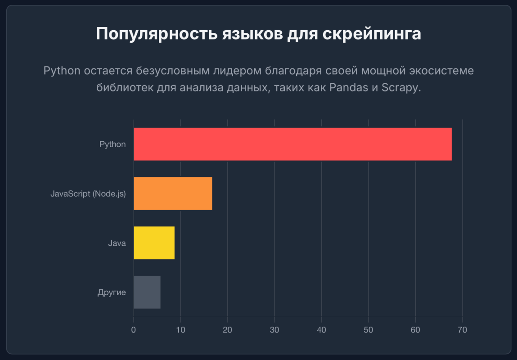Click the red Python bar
[x=292, y=144]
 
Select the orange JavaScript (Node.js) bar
[x=173, y=193]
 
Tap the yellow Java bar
[x=154, y=243]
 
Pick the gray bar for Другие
[x=147, y=292]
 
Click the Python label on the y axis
[x=112, y=144]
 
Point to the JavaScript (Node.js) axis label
[x=88, y=194]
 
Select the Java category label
[x=117, y=243]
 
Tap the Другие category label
[x=112, y=292]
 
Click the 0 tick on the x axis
[x=134, y=330]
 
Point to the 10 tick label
[x=180, y=330]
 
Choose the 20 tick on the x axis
[x=227, y=330]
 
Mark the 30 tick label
[x=274, y=330]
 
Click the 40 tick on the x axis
[x=321, y=330]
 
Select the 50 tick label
[x=368, y=330]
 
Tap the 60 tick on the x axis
[x=415, y=330]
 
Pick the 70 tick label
[x=462, y=330]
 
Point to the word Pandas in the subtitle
[x=346, y=88]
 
